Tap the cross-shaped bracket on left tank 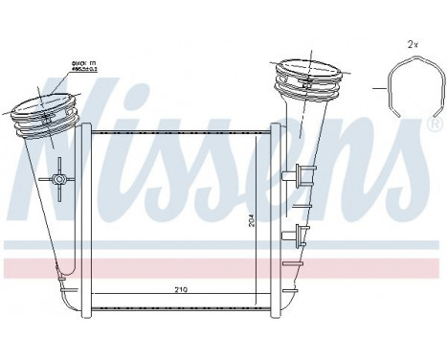59,179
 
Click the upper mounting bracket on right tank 303,174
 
